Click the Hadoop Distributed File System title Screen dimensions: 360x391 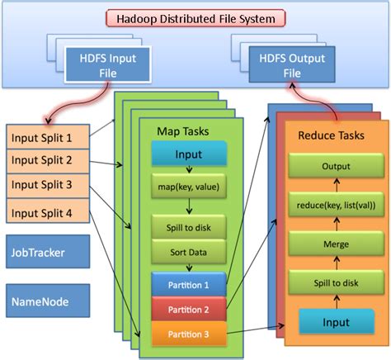195,17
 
